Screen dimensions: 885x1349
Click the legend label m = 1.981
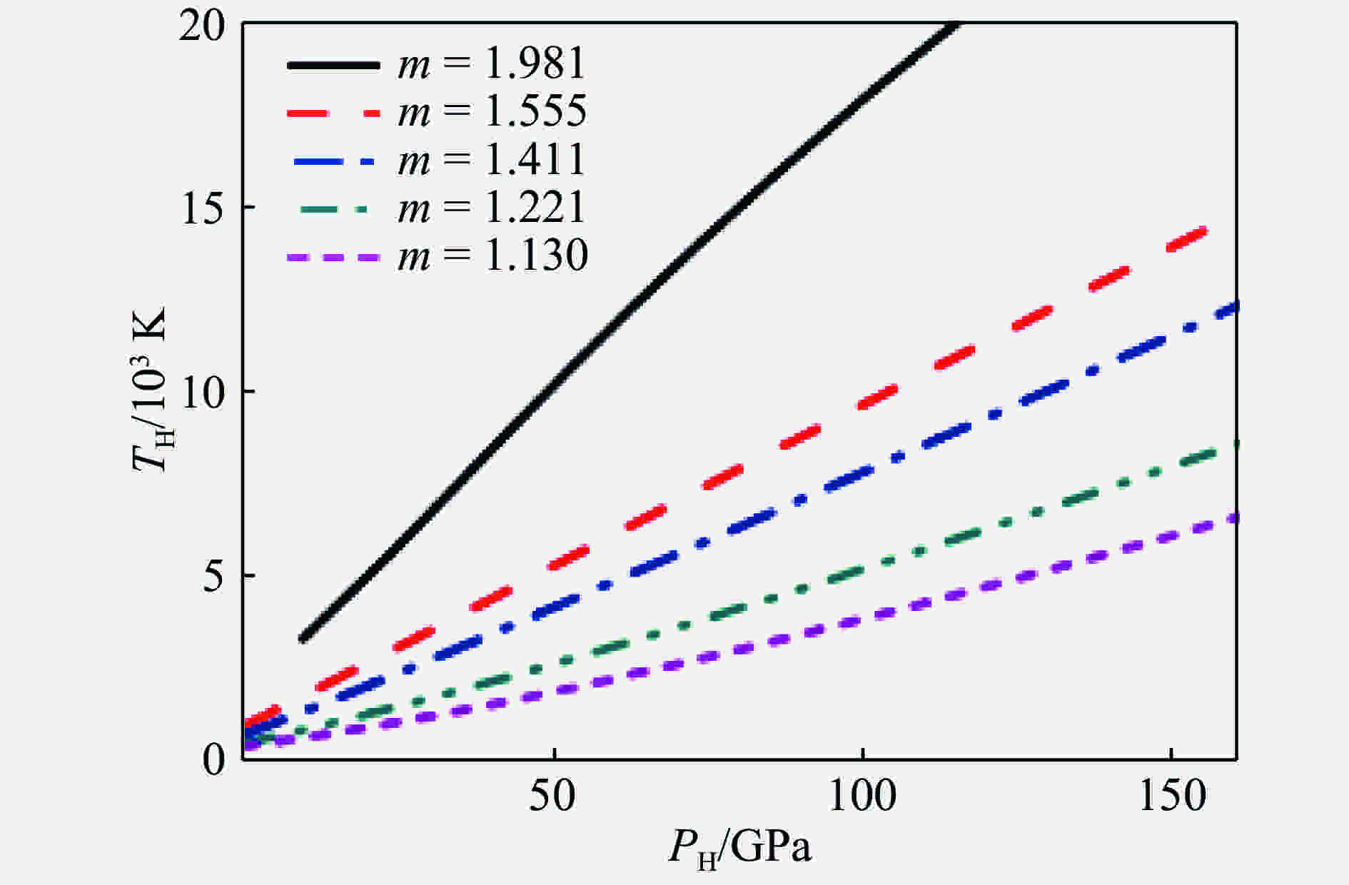pos(492,64)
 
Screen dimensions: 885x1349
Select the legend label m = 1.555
pos(492,111)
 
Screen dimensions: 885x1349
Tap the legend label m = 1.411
pos(492,159)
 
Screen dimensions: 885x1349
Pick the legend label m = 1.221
pos(492,208)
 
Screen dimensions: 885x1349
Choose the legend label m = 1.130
pos(492,256)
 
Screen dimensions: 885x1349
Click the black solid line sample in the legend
pos(333,65)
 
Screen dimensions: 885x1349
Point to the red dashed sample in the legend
pos(333,113)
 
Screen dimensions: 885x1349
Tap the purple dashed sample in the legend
pos(333,257)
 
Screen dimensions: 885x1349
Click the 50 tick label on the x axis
pos(553,796)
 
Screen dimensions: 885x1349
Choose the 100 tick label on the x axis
pos(862,796)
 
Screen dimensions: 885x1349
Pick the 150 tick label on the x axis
pos(1172,796)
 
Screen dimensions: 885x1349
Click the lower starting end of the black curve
pos(303,638)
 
